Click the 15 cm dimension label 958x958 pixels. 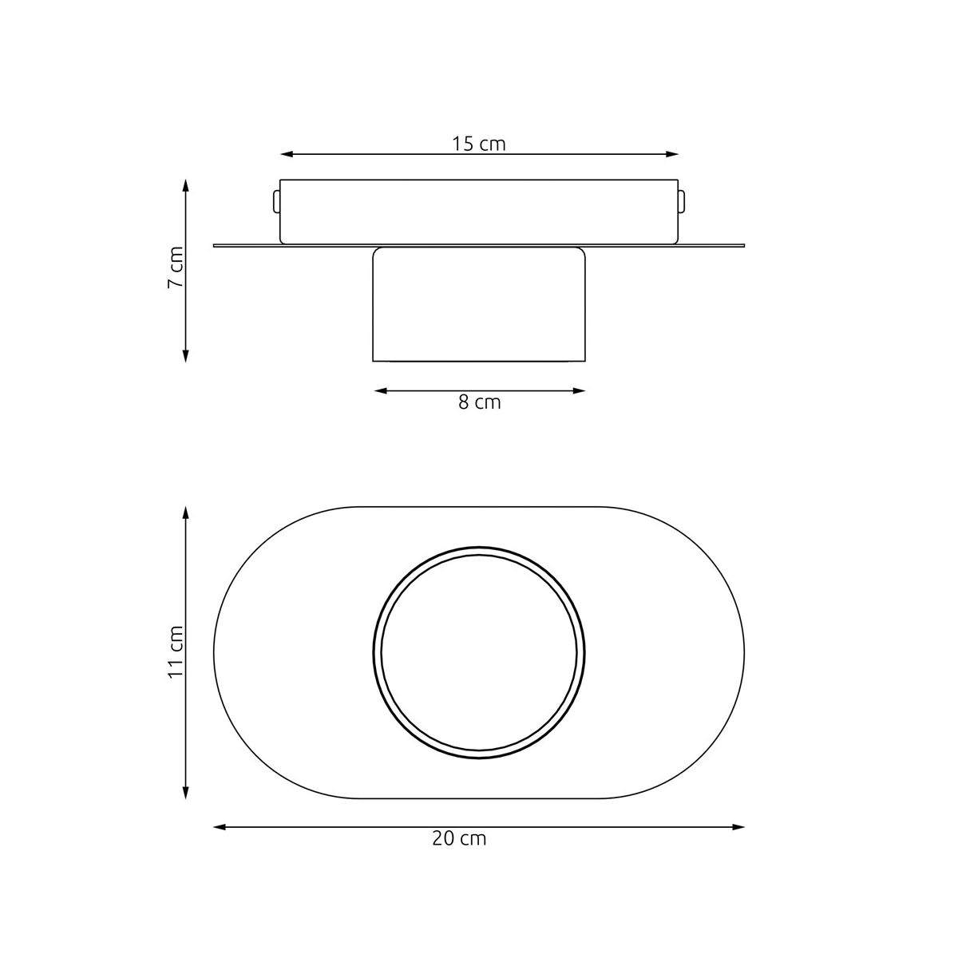pyautogui.click(x=478, y=144)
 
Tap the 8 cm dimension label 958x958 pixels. pyautogui.click(x=479, y=402)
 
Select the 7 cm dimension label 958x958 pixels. pyautogui.click(x=176, y=267)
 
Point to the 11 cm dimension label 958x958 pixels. pyautogui.click(x=176, y=651)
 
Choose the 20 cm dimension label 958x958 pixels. pyautogui.click(x=459, y=839)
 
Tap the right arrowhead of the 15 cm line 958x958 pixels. pyautogui.click(x=672, y=155)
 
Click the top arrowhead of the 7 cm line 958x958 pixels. pyautogui.click(x=185, y=185)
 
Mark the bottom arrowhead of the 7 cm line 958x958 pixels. pyautogui.click(x=185, y=356)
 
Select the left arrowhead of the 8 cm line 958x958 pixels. pyautogui.click(x=380, y=390)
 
